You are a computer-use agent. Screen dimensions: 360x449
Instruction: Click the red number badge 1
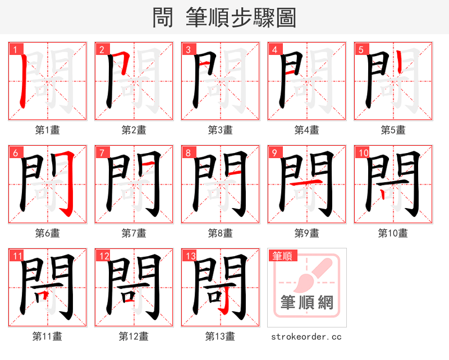(14, 49)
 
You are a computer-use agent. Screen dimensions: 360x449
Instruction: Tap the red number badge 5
(360, 49)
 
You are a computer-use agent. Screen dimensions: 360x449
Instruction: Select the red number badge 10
(362, 153)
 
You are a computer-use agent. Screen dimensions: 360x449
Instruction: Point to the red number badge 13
(189, 256)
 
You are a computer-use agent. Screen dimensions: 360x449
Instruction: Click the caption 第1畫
(48, 130)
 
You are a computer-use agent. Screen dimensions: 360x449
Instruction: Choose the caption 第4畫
(307, 130)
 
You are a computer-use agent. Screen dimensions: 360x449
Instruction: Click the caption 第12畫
(134, 336)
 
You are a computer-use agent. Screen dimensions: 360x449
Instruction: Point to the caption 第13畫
(221, 336)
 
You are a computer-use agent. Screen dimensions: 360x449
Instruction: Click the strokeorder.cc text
(306, 337)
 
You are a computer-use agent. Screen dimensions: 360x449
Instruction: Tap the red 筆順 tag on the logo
(282, 256)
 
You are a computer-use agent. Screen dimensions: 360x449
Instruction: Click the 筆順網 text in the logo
(307, 303)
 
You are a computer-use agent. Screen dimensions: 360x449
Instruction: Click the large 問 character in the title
(163, 17)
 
